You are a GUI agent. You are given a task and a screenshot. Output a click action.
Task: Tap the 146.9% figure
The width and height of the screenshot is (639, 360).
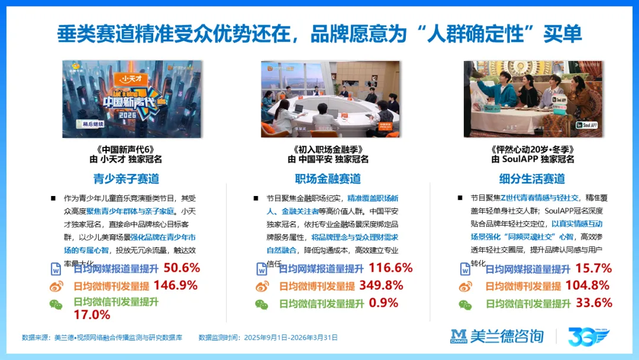(175, 285)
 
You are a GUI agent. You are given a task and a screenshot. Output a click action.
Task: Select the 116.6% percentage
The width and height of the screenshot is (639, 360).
(390, 268)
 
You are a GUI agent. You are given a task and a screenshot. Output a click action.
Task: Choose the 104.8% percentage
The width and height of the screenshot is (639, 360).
(588, 285)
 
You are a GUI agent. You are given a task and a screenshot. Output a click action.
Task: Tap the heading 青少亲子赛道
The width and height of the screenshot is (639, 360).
(126, 178)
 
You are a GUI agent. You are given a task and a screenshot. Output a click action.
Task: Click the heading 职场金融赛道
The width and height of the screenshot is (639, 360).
(328, 178)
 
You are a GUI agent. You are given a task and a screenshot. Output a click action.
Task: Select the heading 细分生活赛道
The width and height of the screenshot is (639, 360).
(532, 178)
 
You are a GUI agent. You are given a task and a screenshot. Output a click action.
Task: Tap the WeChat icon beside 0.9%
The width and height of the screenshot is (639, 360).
(262, 304)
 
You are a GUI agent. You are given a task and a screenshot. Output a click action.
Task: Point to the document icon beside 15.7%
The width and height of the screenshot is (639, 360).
(466, 269)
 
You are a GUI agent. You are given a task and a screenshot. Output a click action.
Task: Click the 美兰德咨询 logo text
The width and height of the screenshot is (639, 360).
(507, 336)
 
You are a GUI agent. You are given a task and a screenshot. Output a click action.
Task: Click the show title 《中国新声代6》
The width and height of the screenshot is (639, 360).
(125, 150)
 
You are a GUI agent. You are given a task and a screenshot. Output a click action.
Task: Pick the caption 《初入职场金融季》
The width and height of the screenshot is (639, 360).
(328, 150)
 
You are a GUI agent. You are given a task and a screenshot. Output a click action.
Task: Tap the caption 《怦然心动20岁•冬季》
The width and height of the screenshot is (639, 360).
(532, 150)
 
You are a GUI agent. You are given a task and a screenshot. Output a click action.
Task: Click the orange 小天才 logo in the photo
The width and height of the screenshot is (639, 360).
(132, 78)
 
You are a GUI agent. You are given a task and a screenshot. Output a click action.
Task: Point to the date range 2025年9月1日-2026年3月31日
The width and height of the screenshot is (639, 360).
(290, 337)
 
